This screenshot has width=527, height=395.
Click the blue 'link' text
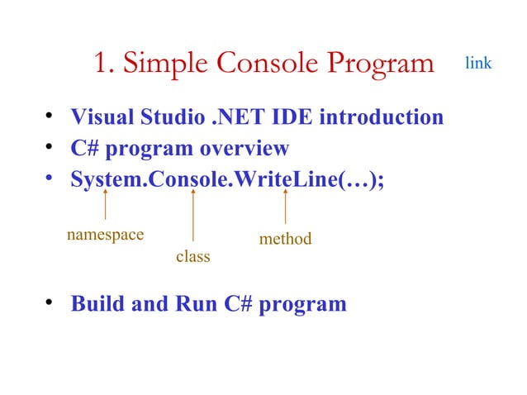tap(478, 63)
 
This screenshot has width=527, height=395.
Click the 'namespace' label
tap(105, 234)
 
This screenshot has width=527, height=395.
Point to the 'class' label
tap(192, 257)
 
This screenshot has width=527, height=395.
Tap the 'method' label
tap(285, 239)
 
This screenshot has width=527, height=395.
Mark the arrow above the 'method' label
tap(285, 207)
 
